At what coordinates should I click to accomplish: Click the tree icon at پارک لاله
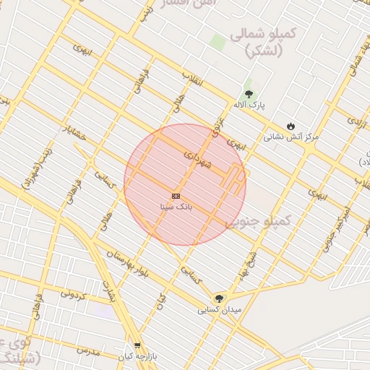tap(249, 94)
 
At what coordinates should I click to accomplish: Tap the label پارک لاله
tap(249, 106)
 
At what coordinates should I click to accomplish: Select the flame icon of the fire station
tap(291, 126)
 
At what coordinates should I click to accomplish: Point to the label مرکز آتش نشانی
tap(291, 136)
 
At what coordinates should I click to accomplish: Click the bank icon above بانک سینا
tap(176, 196)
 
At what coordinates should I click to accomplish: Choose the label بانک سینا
tap(176, 207)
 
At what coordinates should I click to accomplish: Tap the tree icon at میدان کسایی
tap(219, 298)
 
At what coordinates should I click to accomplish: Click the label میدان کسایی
tap(219, 309)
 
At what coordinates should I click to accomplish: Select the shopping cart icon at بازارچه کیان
tap(137, 346)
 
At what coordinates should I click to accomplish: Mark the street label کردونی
tap(73, 296)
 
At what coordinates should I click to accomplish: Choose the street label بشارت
tap(110, 290)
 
